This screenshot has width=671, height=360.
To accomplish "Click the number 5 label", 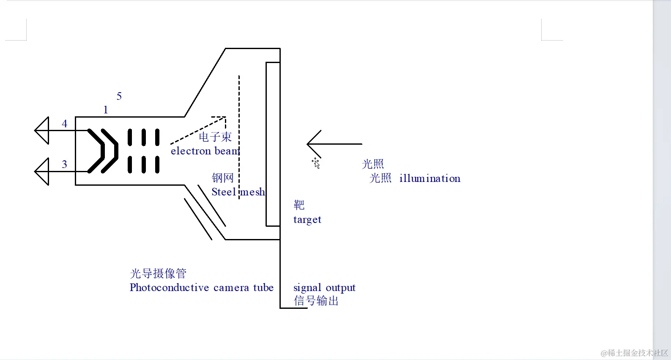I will (119, 96).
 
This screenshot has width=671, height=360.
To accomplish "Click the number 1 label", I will (106, 110).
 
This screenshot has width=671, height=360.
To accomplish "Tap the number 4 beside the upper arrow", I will (64, 124).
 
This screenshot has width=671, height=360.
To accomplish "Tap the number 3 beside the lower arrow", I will (64, 164).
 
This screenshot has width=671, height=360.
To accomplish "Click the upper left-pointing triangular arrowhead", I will (42, 130).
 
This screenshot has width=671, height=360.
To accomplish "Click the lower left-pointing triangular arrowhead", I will (42, 171).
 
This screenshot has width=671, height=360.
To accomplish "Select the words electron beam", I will (205, 151).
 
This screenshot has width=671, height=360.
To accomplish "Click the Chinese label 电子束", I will (215, 137).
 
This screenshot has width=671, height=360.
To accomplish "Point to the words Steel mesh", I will (238, 192).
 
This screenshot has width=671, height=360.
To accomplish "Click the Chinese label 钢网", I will (222, 178).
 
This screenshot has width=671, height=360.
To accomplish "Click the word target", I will (307, 220).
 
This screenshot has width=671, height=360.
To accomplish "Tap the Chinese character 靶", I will (299, 205).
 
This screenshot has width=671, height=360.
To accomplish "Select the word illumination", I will (430, 179).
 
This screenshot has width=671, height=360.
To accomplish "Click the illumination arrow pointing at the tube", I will (334, 144).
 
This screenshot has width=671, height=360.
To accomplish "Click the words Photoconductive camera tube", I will (201, 288).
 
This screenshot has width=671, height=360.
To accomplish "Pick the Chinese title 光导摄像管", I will (158, 273).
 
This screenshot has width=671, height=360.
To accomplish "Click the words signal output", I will (324, 288).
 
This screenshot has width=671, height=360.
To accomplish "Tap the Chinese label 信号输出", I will (316, 301).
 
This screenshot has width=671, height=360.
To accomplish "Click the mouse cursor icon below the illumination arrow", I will (316, 163).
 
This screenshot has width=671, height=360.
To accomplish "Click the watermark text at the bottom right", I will (634, 353).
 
